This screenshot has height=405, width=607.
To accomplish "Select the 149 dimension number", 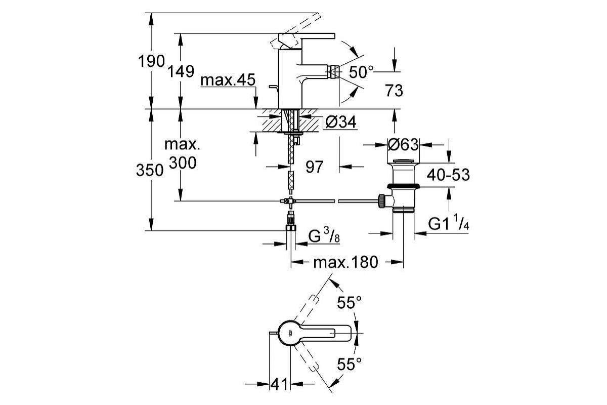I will [182, 71].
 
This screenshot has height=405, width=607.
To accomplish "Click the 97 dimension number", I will [314, 167].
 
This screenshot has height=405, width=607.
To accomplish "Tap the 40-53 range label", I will [448, 175].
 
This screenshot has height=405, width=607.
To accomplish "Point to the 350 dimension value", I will [150, 171].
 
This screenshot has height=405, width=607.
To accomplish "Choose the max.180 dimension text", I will [345, 263].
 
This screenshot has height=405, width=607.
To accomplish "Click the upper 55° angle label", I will [350, 303].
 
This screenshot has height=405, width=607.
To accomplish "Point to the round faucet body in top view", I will [291, 333].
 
